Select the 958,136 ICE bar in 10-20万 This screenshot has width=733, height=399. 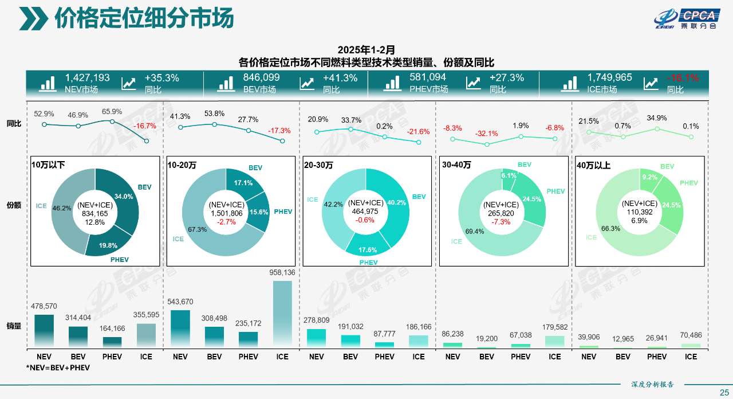click(x=282, y=314)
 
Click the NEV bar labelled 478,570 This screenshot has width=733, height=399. click(x=44, y=331)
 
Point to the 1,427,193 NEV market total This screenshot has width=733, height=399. click(x=87, y=78)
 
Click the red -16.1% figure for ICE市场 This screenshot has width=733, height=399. click(x=683, y=78)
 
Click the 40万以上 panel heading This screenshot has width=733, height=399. click(x=594, y=165)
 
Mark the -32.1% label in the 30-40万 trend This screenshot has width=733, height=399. click(x=486, y=134)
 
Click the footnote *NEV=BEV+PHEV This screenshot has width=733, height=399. click(x=58, y=367)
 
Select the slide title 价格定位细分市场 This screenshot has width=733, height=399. click(x=144, y=18)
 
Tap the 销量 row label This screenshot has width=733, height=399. click(x=14, y=326)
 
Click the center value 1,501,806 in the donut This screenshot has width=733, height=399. click(x=226, y=213)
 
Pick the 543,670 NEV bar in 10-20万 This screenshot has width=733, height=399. click(x=180, y=328)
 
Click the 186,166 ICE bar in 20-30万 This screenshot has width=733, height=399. click(x=419, y=341)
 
